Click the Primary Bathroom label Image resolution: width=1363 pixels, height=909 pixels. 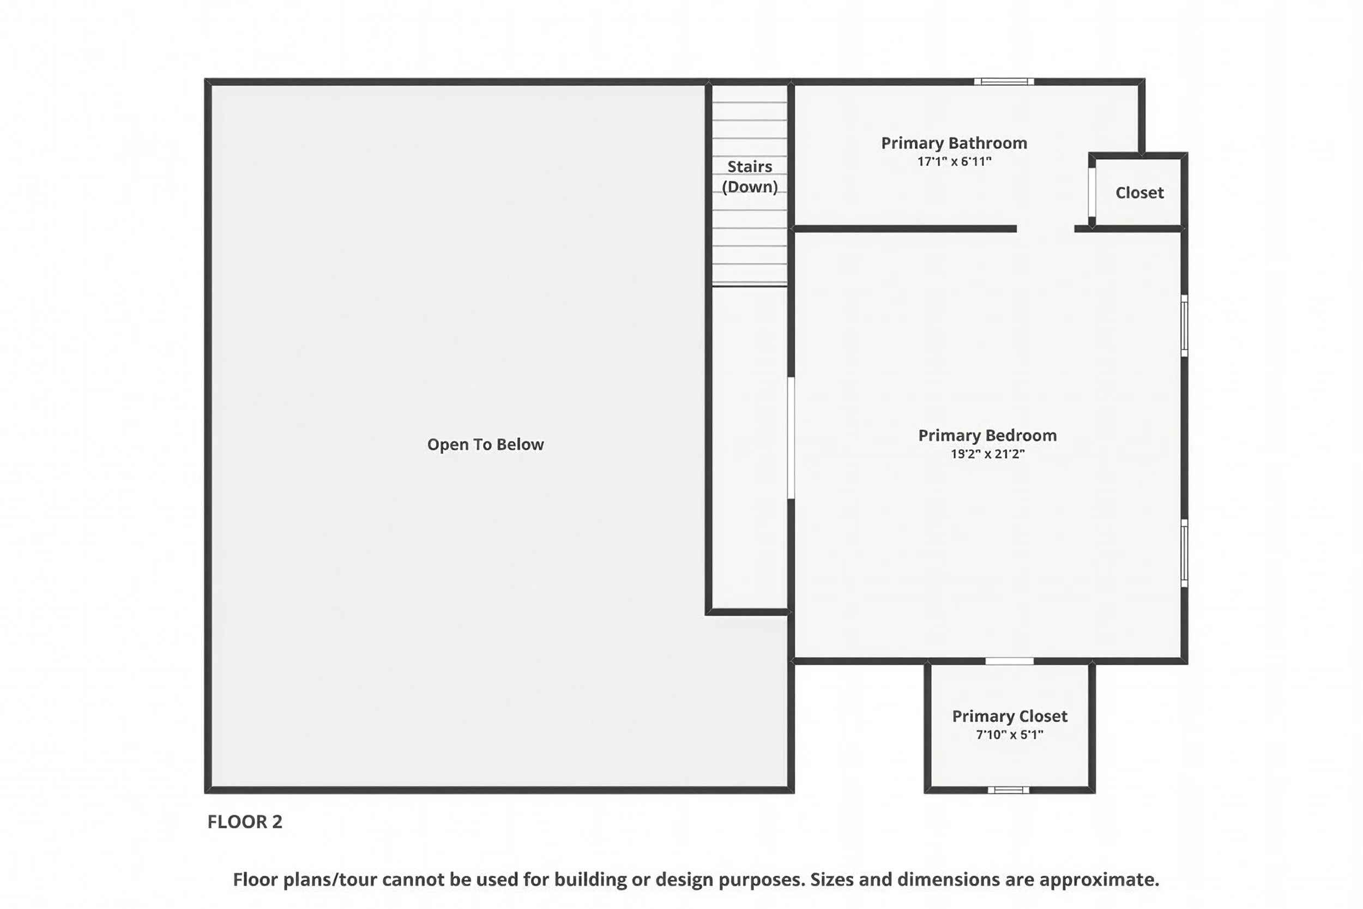point(954,143)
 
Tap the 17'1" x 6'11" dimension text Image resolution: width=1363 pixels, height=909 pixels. point(954,162)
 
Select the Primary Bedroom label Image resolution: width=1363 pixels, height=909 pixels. point(987,435)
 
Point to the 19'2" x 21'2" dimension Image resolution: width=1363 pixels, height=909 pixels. point(987,454)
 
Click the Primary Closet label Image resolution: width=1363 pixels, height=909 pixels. point(1010,716)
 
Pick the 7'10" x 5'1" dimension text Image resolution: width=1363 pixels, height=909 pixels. point(1010,735)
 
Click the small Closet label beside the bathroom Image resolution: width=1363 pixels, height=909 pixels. point(1139,192)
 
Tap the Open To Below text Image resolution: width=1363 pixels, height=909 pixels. point(485,444)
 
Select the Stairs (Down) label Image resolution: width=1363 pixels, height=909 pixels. point(749,176)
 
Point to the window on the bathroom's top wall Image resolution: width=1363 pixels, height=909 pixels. point(1004,82)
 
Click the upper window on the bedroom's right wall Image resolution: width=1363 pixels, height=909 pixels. point(1185,326)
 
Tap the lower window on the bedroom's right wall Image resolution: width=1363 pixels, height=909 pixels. point(1185,552)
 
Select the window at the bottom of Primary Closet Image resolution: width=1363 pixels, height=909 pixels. point(1008,790)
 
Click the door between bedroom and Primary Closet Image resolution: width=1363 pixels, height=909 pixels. point(1010,661)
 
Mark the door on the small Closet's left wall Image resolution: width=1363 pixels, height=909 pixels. point(1092,192)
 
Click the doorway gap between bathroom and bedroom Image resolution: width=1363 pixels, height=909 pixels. point(1046,229)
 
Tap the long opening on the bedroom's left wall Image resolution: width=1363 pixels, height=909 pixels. point(791,438)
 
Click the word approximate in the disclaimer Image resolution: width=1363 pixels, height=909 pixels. point(1099,880)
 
